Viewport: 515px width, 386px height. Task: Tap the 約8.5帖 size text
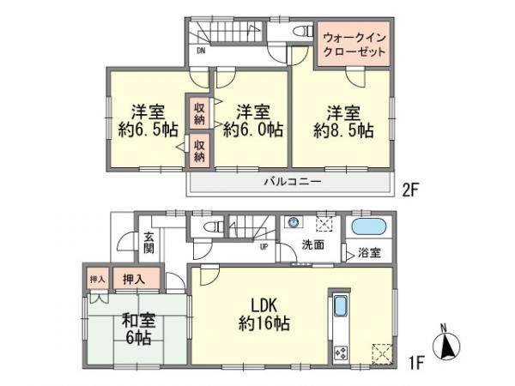343,131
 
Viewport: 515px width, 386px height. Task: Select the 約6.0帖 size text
253,131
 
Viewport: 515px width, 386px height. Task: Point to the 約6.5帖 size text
148,131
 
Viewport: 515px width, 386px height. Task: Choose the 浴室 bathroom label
369,254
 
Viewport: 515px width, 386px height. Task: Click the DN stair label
201,51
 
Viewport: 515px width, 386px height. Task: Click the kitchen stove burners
339,351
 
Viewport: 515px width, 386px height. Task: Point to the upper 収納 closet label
199,113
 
